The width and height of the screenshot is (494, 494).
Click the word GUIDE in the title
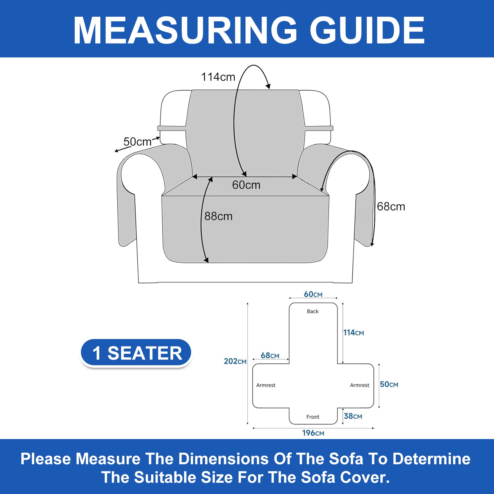367,30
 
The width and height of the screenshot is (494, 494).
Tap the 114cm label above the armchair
218,77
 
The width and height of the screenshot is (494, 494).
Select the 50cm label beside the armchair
137,142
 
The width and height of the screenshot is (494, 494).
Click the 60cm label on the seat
246,185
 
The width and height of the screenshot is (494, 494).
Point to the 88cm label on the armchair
218,216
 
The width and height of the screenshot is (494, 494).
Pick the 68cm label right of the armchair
391,206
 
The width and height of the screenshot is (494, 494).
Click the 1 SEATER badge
136,353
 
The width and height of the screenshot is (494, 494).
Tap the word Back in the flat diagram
313,311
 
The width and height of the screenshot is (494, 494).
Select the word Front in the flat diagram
313,417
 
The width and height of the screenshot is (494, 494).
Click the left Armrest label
266,385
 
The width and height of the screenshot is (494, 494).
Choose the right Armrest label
360,385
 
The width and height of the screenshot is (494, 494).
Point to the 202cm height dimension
235,361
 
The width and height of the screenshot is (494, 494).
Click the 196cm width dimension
313,433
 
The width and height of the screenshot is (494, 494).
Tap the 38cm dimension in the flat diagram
353,416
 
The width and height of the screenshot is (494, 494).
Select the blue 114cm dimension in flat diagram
354,333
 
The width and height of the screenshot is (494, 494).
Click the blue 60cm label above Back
313,294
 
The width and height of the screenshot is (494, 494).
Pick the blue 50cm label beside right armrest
389,384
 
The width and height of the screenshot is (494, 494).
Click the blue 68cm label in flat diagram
270,355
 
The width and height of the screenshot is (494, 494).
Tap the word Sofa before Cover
318,477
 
